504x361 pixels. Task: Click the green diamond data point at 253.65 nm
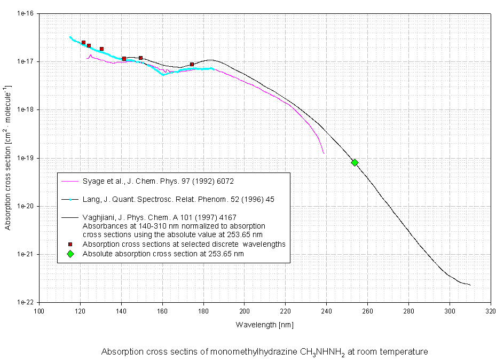355,162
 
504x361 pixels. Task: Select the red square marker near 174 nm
192,65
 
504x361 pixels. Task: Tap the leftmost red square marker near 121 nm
83,42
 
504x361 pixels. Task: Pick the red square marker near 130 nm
101,49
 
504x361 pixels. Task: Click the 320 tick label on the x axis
491,310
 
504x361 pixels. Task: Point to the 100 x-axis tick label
39,310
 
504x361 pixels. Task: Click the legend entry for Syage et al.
158,182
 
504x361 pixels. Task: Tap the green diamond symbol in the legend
70,254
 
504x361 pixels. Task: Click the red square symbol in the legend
70,244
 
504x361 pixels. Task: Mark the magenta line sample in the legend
70,182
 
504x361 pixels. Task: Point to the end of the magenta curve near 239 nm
324,153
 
